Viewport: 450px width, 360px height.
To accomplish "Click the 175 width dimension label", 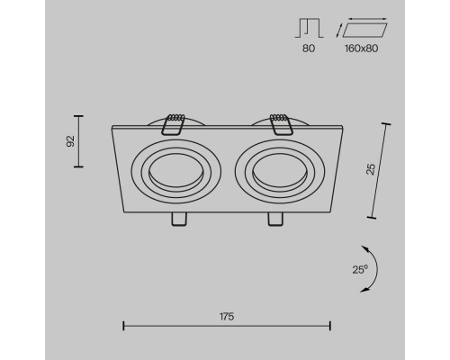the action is point(227,317).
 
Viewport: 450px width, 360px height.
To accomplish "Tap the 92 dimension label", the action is point(70,141).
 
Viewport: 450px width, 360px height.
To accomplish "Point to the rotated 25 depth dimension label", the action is point(371,169).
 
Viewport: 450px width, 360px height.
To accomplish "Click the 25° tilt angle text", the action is point(360,269).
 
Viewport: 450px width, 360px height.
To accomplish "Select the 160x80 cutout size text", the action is point(361,49).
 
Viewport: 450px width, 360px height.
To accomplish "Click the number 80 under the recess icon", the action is point(309,49).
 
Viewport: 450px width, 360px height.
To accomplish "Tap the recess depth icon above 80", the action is point(309,28).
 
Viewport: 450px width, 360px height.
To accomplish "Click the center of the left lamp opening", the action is point(176,171).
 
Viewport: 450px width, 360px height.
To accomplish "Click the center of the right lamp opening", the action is point(280,171).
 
